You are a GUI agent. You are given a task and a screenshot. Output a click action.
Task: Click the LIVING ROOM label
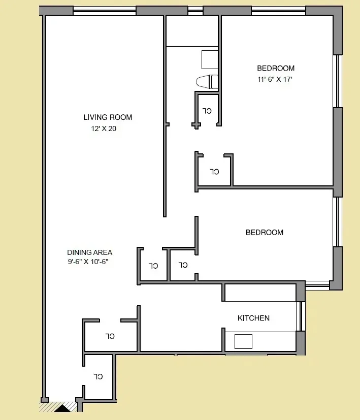[x=108, y=117]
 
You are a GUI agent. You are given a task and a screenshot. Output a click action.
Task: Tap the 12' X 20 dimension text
[x=104, y=129]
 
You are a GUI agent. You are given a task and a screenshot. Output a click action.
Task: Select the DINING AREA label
[x=89, y=252]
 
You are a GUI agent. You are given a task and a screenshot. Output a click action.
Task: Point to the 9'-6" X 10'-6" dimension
[x=88, y=262]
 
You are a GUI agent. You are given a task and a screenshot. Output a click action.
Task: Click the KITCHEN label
[x=253, y=318]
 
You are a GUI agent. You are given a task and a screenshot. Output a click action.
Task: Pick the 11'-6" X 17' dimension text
[x=275, y=79]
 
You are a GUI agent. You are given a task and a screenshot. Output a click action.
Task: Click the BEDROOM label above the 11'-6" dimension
[x=275, y=69]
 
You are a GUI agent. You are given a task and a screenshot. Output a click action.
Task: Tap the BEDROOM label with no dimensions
[x=264, y=233]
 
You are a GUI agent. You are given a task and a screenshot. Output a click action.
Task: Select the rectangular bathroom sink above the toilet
[x=210, y=59]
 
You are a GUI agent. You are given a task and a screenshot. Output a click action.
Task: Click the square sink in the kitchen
[x=243, y=341]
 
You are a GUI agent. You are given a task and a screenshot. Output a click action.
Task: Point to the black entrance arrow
[x=62, y=407]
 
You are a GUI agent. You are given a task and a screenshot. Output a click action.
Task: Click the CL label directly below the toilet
[x=207, y=110]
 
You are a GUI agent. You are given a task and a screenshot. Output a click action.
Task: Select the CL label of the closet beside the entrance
[x=99, y=377]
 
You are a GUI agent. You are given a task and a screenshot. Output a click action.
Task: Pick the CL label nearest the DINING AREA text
[x=153, y=266]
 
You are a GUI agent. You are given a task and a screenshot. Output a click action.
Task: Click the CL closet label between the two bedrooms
[x=214, y=171]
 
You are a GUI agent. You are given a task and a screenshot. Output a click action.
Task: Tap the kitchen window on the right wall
[x=301, y=316]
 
